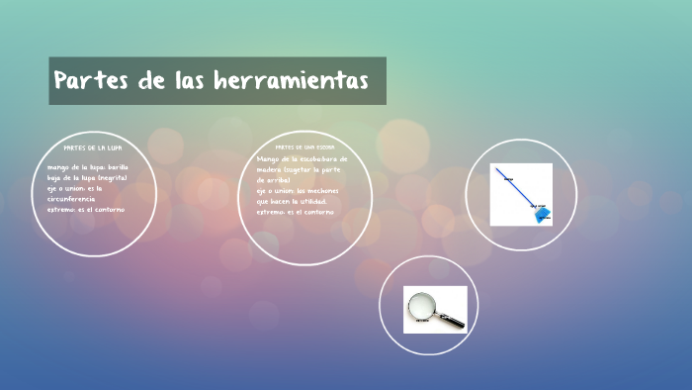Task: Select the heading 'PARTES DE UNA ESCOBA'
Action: pos(304,146)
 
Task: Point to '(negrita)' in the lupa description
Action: pos(108,177)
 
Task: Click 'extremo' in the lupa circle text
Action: pos(61,209)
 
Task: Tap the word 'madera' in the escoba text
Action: pos(270,169)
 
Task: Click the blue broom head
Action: pos(541,214)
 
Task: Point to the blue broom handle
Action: pos(514,189)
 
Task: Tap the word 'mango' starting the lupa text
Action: pos(59,167)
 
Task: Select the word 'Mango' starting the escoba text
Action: pos(268,158)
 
